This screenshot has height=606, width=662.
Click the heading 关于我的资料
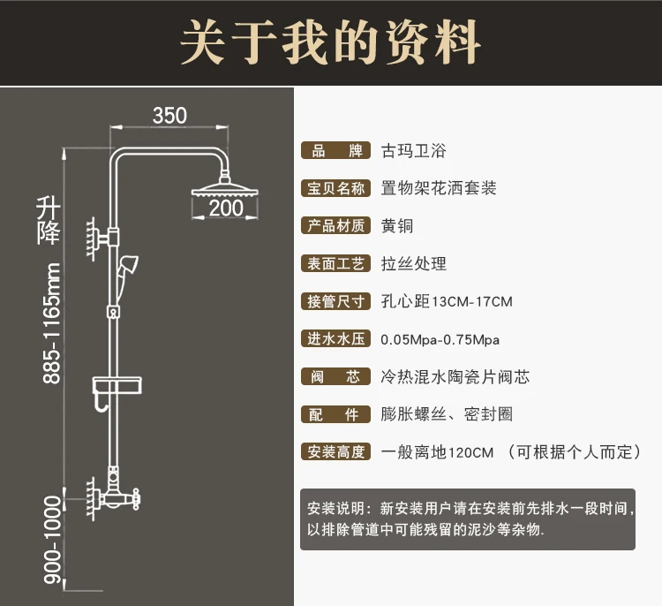pyautogui.click(x=331, y=42)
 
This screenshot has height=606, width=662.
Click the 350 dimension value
pyautogui.click(x=170, y=116)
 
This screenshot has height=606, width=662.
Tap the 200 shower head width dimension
pyautogui.click(x=226, y=208)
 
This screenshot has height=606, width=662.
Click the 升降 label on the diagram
pyautogui.click(x=49, y=221)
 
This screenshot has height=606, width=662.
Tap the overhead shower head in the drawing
pyautogui.click(x=227, y=190)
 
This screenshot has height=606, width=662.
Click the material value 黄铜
pyautogui.click(x=397, y=226)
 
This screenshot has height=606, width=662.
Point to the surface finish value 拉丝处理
pyautogui.click(x=414, y=263)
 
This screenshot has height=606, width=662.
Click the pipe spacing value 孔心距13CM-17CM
pyautogui.click(x=447, y=302)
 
